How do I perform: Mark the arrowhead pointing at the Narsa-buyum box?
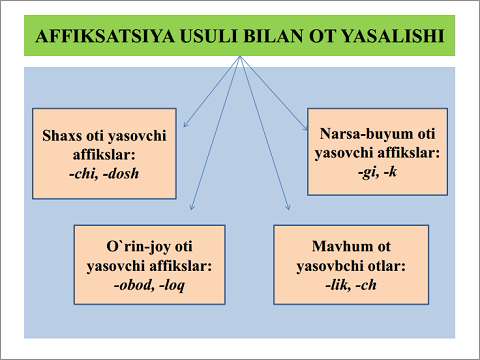coord(309,127)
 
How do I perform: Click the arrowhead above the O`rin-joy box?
coord(192,208)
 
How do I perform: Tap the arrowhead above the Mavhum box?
coord(289,208)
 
